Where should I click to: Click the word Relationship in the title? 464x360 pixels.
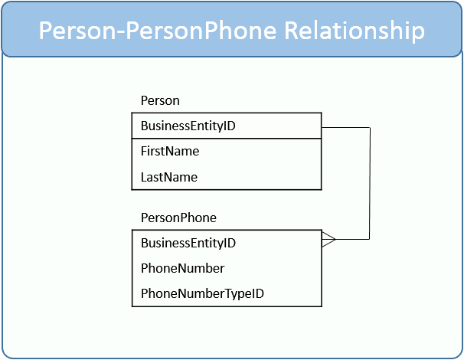(x=355, y=31)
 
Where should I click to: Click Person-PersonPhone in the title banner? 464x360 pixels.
(x=158, y=30)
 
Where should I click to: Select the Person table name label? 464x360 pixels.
(x=160, y=100)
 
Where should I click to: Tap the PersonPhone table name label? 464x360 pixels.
(x=178, y=218)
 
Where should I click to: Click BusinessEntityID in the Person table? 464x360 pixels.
(x=188, y=126)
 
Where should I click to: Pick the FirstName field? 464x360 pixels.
(x=170, y=152)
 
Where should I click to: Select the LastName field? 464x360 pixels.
(x=169, y=178)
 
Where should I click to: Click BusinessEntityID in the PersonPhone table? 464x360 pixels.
(x=188, y=243)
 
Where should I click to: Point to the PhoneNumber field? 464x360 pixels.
(x=182, y=269)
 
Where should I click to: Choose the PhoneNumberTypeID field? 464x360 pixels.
(x=202, y=293)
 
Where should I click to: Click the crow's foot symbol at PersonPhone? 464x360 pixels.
(x=328, y=239)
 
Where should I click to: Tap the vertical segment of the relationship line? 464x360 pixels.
(x=370, y=184)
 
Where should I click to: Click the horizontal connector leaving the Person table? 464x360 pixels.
(x=345, y=128)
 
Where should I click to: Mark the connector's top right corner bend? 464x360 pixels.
(x=370, y=128)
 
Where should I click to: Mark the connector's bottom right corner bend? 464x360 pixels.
(x=369, y=239)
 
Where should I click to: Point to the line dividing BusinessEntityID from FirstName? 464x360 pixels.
(x=227, y=139)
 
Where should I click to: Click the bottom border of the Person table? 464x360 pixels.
(x=227, y=189)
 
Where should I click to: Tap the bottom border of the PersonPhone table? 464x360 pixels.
(x=227, y=306)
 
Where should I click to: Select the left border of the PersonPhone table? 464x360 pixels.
(x=132, y=268)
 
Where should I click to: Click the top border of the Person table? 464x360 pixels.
(x=227, y=113)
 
